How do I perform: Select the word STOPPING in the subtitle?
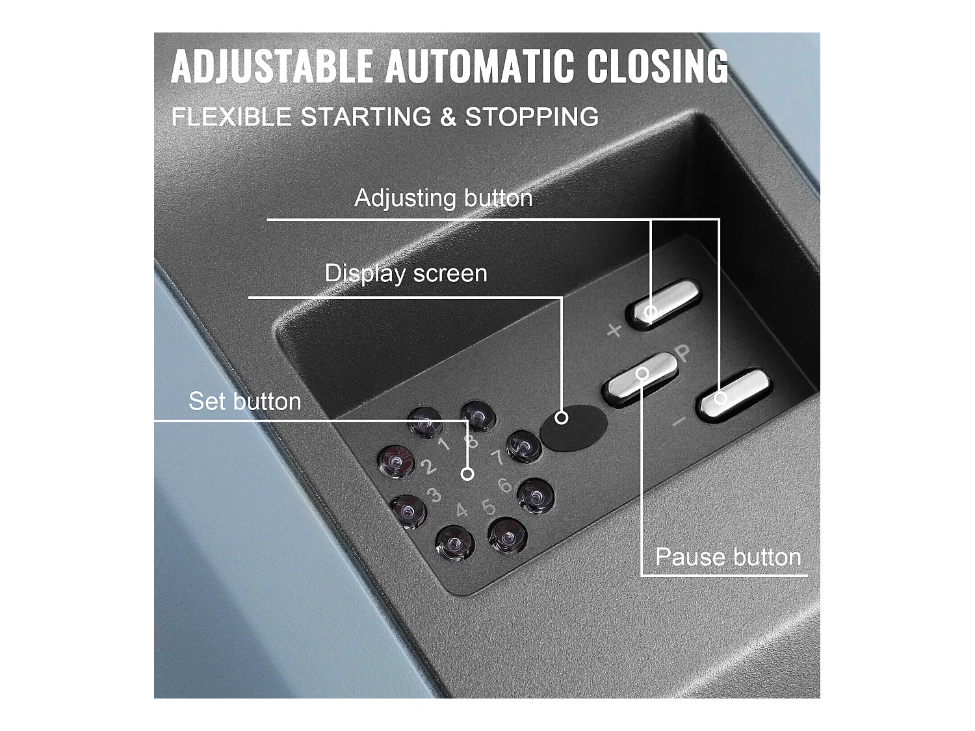tap(532, 117)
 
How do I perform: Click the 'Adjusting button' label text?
tap(443, 198)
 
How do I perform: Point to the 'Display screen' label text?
tap(406, 273)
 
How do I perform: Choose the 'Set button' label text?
tap(244, 401)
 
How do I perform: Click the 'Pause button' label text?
tap(728, 557)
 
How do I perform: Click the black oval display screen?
tap(573, 427)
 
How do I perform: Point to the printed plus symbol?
tap(614, 331)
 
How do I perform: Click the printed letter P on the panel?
tap(683, 353)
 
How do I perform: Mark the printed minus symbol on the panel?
tap(679, 422)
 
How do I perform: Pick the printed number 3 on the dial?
tap(434, 496)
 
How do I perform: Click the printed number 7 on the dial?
tap(497, 458)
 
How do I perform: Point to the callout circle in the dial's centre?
tap(467, 474)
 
